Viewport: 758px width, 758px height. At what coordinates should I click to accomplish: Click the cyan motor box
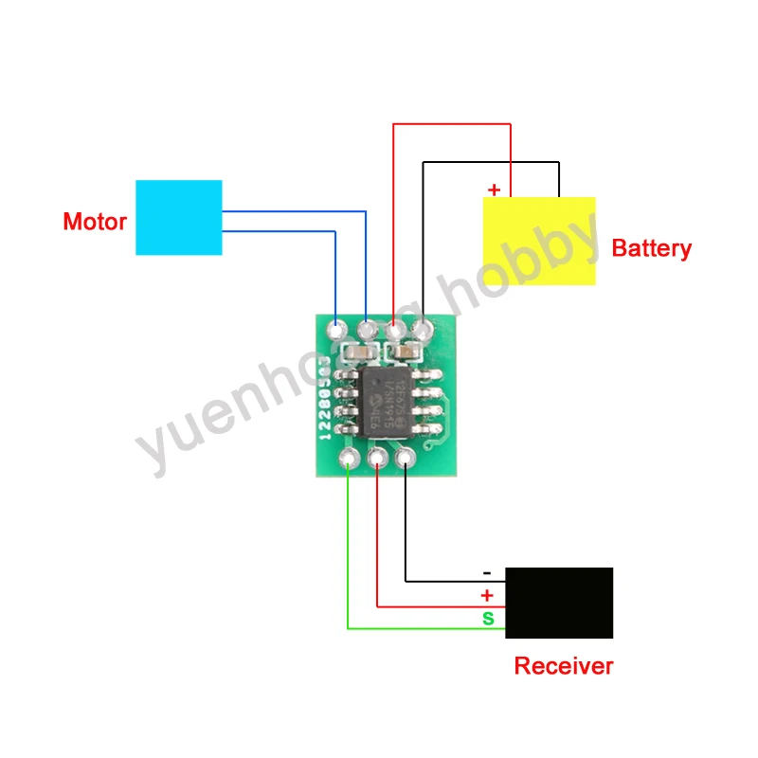179,217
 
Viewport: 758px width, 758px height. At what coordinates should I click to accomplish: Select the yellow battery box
539,241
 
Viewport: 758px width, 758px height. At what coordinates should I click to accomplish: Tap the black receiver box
559,603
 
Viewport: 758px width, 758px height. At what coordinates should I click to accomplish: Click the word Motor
95,223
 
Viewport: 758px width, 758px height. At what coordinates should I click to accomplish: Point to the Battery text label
652,249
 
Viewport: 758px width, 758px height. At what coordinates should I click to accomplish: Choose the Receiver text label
563,666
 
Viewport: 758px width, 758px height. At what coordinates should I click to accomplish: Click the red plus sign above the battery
494,189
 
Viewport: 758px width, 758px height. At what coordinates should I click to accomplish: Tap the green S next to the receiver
488,619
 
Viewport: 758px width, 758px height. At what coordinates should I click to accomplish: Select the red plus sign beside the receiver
487,596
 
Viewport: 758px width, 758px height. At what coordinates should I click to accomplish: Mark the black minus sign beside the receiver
487,573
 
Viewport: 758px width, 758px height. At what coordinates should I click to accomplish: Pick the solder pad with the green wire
350,460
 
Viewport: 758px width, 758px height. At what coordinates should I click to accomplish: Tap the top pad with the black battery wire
423,331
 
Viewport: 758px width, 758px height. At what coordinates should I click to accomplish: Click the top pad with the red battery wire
395,331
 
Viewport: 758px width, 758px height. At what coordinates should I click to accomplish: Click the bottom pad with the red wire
377,460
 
